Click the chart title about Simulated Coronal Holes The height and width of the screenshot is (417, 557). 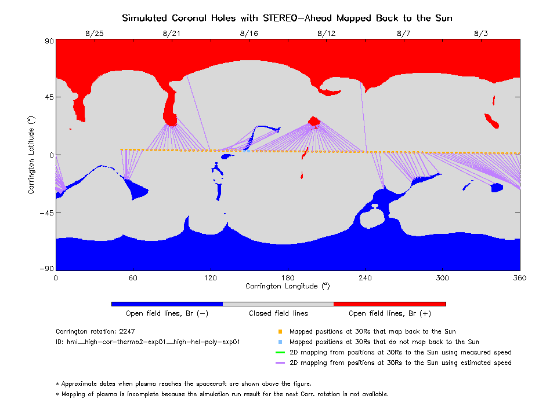287,18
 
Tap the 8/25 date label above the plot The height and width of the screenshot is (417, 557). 94,34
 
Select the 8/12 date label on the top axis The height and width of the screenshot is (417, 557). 327,34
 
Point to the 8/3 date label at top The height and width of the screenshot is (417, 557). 481,34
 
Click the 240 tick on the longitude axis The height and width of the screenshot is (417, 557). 365,278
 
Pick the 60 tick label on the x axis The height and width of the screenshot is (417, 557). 133,278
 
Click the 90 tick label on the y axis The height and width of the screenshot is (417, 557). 49,41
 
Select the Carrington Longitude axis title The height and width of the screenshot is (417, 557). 287,286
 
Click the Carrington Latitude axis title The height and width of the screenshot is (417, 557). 31,155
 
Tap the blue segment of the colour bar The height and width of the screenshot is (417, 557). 167,303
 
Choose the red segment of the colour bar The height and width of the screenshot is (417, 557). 389,303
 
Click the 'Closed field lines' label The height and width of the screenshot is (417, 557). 278,313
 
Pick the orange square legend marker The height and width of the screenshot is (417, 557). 280,332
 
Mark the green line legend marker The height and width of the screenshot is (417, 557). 280,353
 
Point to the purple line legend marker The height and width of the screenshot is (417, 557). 280,363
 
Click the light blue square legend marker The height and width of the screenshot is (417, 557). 280,342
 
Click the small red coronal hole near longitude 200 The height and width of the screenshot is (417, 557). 314,120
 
